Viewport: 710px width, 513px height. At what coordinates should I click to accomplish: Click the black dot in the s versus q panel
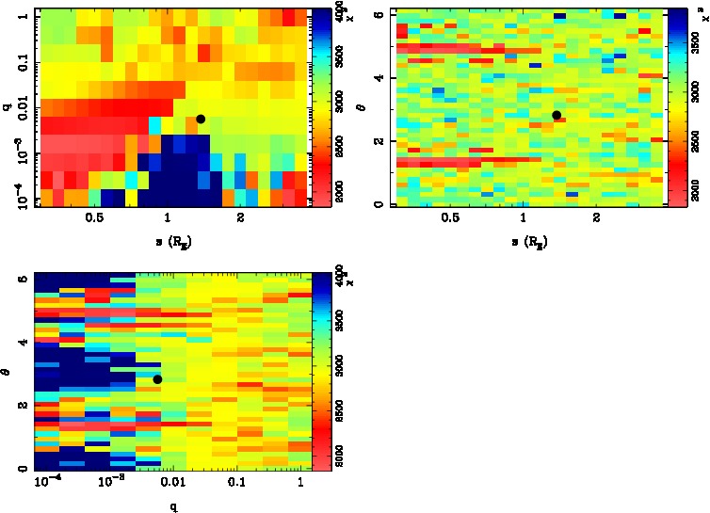tap(201, 119)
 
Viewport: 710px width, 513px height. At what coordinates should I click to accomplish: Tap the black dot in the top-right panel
tap(557, 115)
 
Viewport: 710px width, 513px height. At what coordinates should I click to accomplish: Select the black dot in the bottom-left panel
tap(157, 378)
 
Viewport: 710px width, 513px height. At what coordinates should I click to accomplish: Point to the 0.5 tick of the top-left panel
tap(94, 217)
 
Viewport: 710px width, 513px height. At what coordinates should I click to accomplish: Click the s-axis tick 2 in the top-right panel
tap(597, 217)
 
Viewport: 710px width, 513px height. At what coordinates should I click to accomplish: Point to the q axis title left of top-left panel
tap(8, 106)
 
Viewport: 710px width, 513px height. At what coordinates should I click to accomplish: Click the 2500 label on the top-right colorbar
tap(693, 139)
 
